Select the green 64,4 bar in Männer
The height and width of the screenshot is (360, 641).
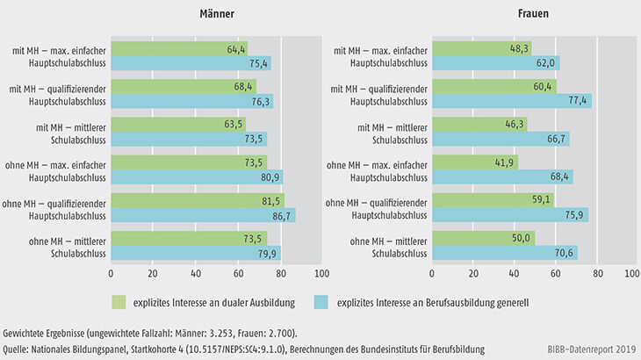tap(179, 48)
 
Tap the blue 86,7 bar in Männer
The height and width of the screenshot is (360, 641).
tap(203, 214)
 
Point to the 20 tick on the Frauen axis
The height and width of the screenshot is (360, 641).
tap(472, 273)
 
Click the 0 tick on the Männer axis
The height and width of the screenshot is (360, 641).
tap(112, 273)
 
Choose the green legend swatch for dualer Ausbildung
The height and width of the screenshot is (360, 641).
tap(119, 301)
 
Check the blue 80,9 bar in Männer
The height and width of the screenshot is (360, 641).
tap(197, 176)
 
